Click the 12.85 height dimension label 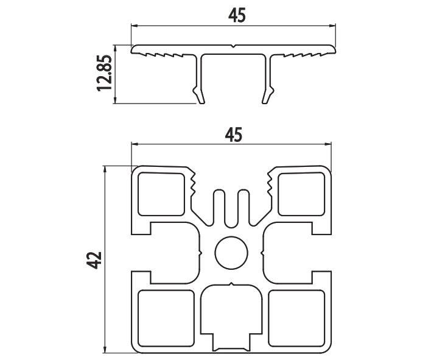pyautogui.click(x=104, y=72)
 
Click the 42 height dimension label pyautogui.click(x=94, y=260)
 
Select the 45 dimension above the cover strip pyautogui.click(x=237, y=15)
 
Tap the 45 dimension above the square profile pyautogui.click(x=233, y=135)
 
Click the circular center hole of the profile pyautogui.click(x=231, y=252)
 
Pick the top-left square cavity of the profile pyautogui.click(x=161, y=194)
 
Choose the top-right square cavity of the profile pyautogui.click(x=301, y=194)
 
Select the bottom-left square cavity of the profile pyautogui.click(x=166, y=318)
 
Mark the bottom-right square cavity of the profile pyautogui.click(x=296, y=318)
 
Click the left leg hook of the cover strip pyautogui.click(x=199, y=95)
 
